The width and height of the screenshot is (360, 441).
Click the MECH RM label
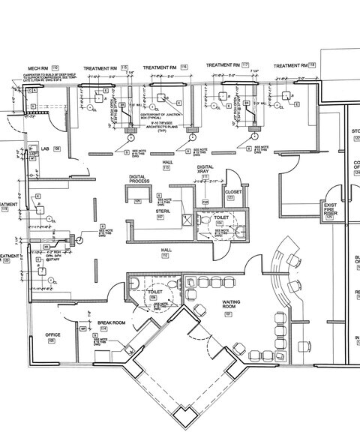(x=39, y=67)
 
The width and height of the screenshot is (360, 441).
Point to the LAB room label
(x=44, y=148)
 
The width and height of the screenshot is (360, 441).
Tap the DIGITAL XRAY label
(x=205, y=169)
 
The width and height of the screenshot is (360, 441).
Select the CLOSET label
(x=232, y=192)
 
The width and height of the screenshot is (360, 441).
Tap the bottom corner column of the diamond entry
(x=181, y=417)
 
